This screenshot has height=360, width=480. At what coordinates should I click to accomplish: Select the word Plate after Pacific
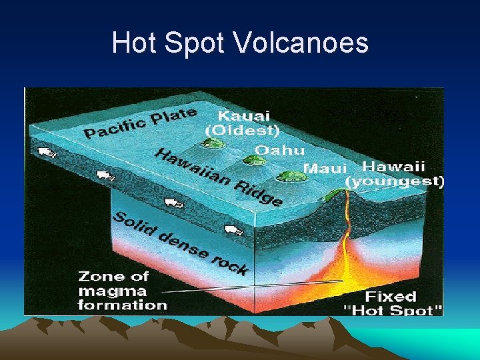pyautogui.click(x=172, y=117)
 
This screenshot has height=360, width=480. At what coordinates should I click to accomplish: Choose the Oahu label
pyautogui.click(x=280, y=150)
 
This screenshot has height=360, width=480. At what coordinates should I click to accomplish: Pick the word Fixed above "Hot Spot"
pyautogui.click(x=391, y=296)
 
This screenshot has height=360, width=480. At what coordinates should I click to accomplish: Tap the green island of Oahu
pyautogui.click(x=251, y=160)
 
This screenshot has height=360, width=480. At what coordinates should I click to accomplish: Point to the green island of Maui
pyautogui.click(x=290, y=177)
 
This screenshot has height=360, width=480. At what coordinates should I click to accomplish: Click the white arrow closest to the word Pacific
pyautogui.click(x=46, y=153)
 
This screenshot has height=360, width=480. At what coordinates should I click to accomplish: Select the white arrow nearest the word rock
pyautogui.click(x=233, y=231)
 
